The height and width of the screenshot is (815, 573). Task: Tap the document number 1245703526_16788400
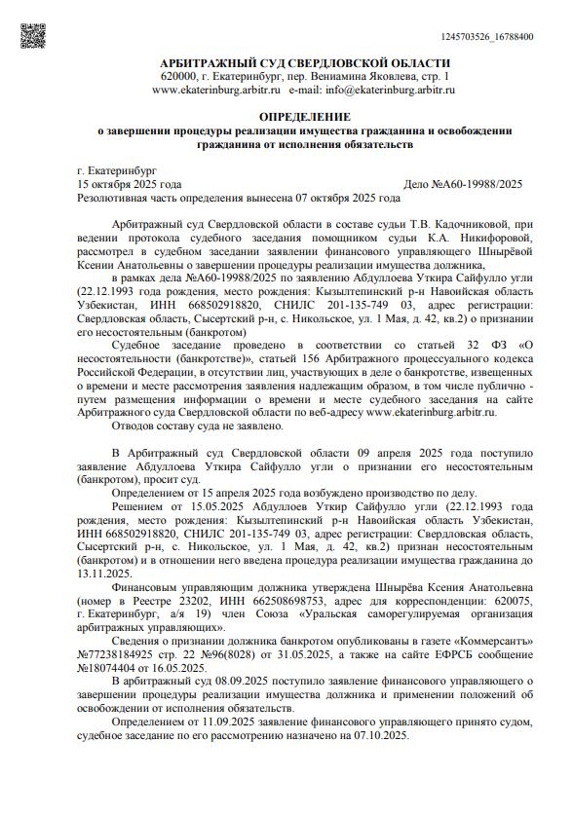tap(486, 37)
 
